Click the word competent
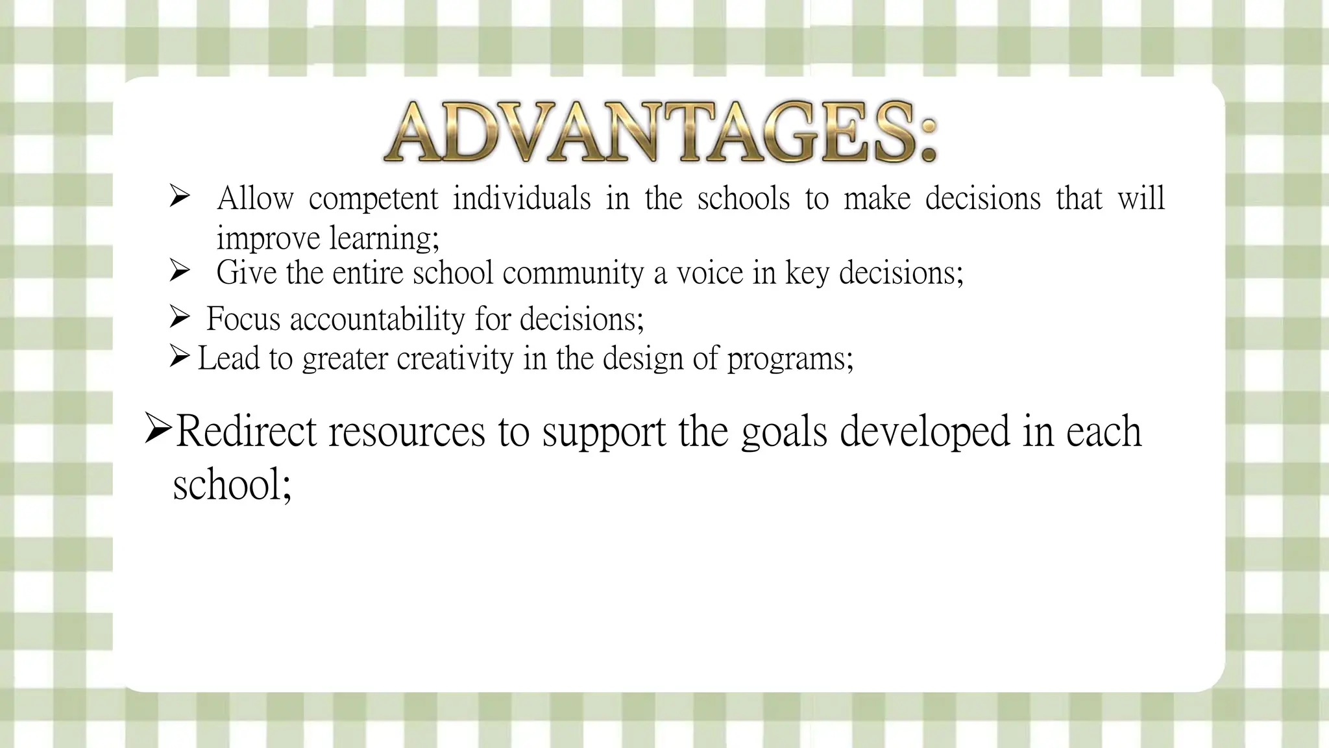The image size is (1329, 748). click(373, 199)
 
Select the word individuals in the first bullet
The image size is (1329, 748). click(522, 197)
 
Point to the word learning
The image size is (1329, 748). click(384, 239)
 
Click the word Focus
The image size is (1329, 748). click(243, 319)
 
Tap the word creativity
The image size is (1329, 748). click(454, 358)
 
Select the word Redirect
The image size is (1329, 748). click(246, 431)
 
